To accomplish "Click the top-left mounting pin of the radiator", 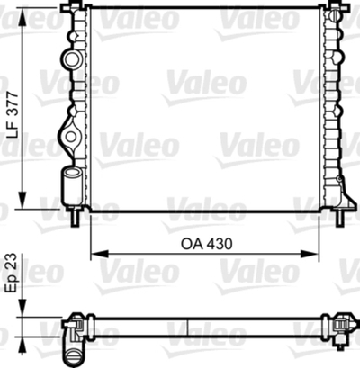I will (72, 9).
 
